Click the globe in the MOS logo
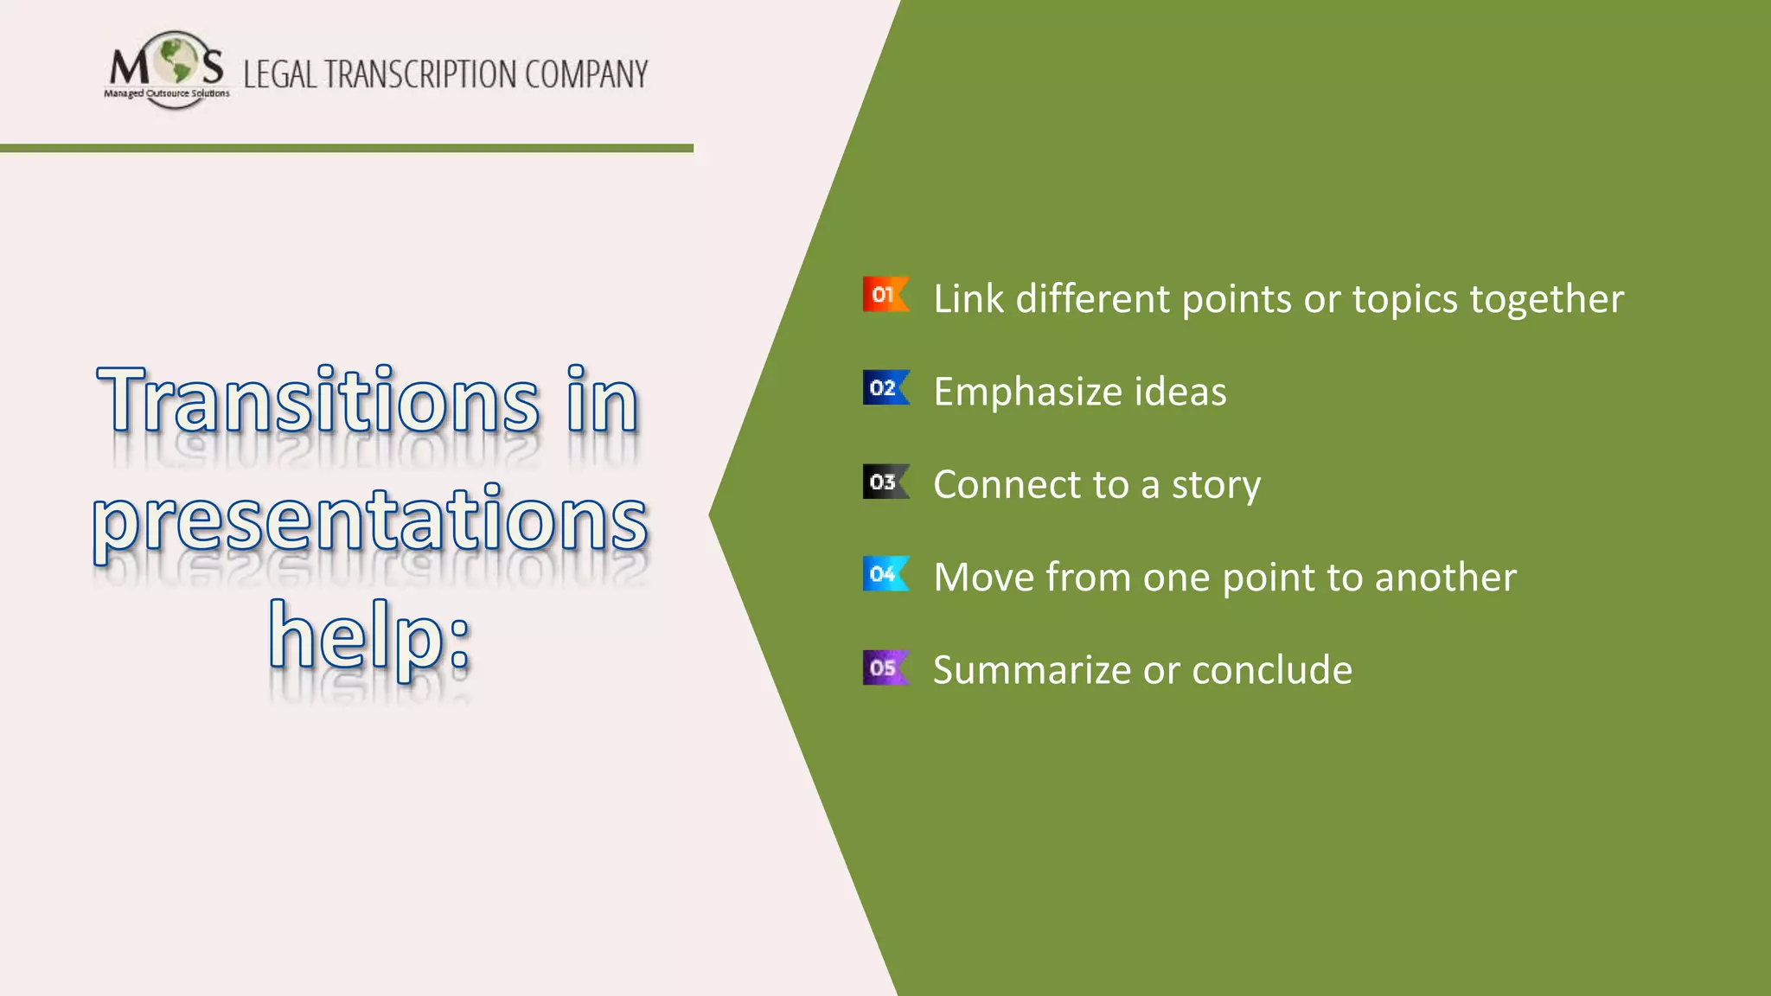[177, 60]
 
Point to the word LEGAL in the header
[280, 74]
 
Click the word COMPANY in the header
[585, 74]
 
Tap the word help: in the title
[370, 635]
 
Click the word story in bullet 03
[1216, 484]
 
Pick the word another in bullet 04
[1445, 577]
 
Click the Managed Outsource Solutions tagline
[167, 93]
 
